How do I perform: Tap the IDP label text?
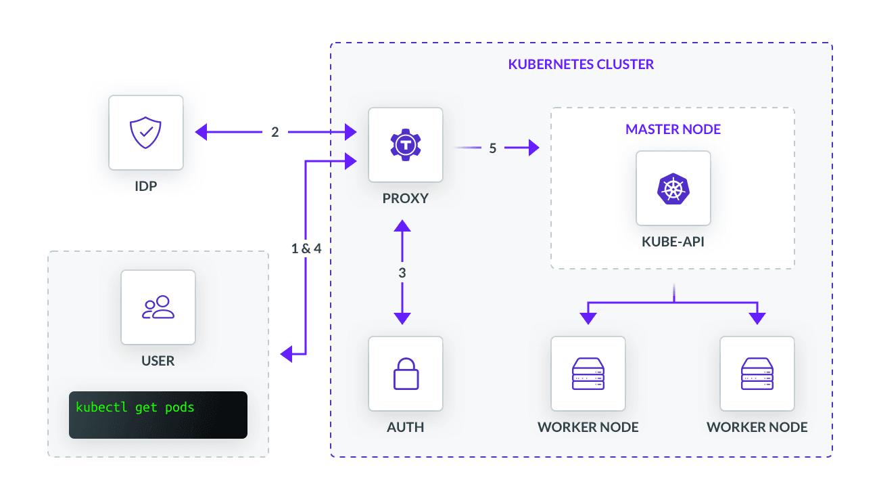coord(145,186)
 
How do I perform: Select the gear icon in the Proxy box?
coord(405,144)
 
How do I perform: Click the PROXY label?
coord(405,199)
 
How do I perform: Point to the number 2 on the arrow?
coord(275,132)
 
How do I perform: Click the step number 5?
coord(493,148)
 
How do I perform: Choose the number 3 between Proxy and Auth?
coord(402,274)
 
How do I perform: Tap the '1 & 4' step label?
coord(306,248)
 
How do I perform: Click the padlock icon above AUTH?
coord(405,374)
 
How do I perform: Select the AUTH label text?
coord(405,427)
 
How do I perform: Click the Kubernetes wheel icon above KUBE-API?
coord(673,188)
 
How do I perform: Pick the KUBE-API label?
coord(673,242)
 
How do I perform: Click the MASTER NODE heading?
coord(673,129)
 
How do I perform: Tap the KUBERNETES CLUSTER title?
coord(581,65)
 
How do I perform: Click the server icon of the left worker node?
coord(588,374)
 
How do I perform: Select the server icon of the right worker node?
coord(757,374)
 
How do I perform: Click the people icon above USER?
coord(158,307)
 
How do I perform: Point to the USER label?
coord(158,361)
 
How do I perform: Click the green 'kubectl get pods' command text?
coord(135,408)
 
